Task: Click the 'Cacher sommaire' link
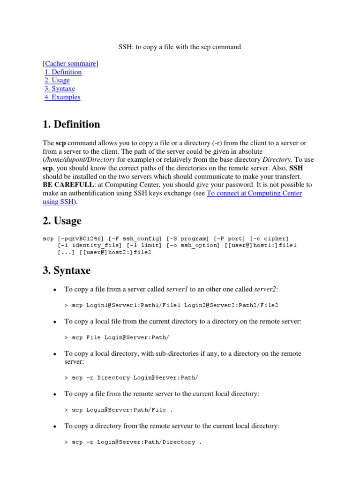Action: pos(70,63)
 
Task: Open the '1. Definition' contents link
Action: pos(63,72)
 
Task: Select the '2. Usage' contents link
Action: pos(57,80)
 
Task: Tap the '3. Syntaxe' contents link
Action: pos(60,89)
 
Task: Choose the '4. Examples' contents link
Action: pos(62,97)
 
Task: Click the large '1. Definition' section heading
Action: pos(71,124)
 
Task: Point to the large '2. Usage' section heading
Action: pos(62,221)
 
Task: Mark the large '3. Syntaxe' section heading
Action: pos(66,270)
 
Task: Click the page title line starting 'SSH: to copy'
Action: pos(179,47)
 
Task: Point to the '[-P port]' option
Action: pos(226,239)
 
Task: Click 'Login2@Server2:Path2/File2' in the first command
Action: pos(231,305)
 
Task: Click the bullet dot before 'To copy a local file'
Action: pos(55,322)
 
